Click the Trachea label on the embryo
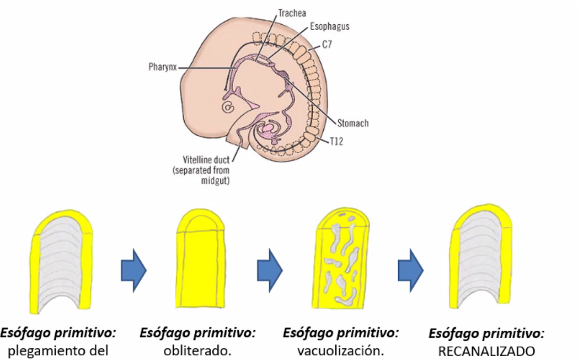pyautogui.click(x=292, y=13)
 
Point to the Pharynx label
pyautogui.click(x=162, y=68)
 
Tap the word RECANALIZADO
pyautogui.click(x=487, y=351)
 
